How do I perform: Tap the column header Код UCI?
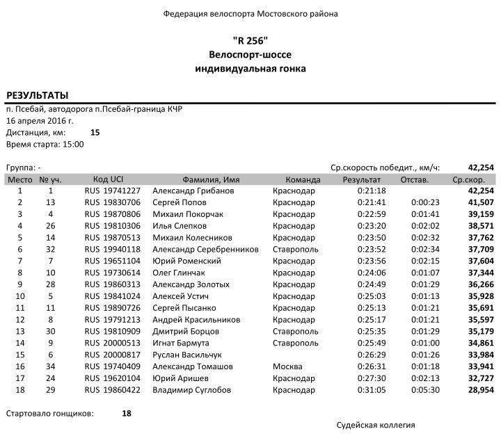tap(108, 179)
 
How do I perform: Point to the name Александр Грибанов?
tap(193, 191)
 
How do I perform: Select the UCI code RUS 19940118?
tap(113, 249)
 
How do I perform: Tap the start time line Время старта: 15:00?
tap(45, 144)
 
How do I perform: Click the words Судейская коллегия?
tap(375, 423)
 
